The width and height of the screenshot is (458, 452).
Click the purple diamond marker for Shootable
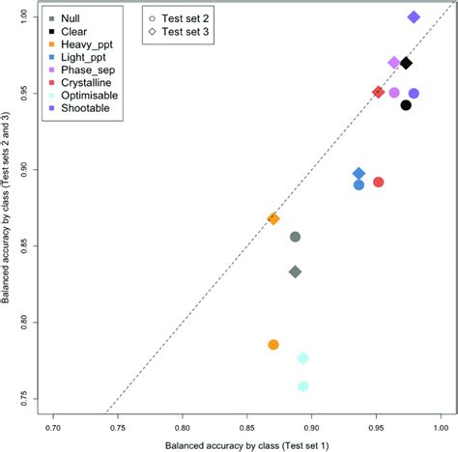click(x=414, y=17)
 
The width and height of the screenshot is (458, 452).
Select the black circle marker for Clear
click(x=406, y=105)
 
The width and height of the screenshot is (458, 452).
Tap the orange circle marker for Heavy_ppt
click(x=273, y=345)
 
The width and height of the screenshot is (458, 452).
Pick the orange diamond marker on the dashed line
click(x=273, y=219)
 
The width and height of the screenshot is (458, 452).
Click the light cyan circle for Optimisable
click(x=303, y=386)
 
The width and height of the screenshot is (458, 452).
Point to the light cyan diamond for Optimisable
click(x=303, y=358)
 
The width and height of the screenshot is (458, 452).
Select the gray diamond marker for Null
click(x=296, y=272)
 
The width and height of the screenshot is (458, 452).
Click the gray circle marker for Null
click(x=296, y=237)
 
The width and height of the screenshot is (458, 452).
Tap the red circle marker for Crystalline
click(x=379, y=182)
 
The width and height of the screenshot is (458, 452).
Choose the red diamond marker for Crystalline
click(x=379, y=93)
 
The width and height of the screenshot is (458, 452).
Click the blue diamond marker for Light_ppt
click(x=359, y=173)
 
